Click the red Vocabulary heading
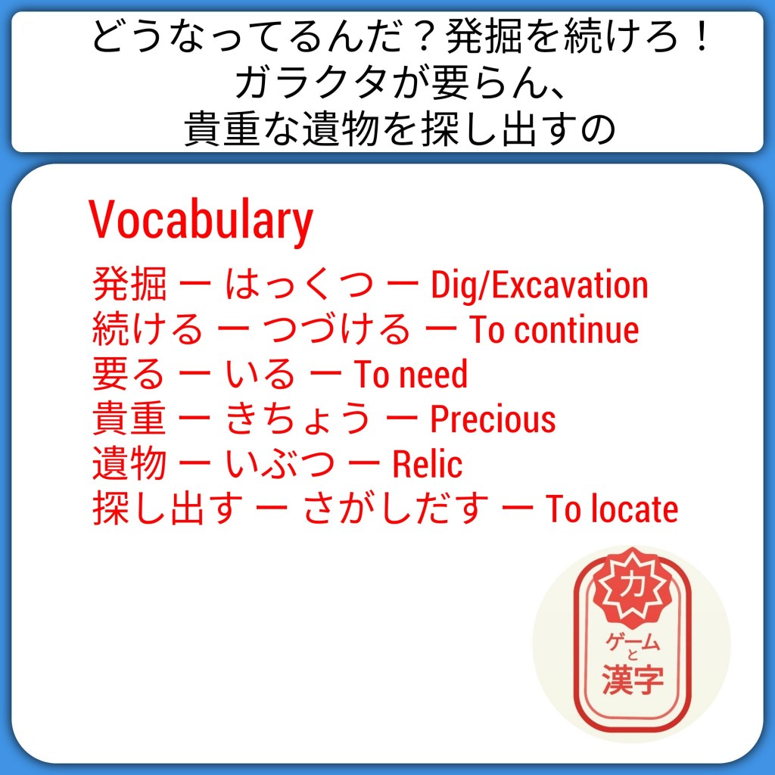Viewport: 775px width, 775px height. (201, 220)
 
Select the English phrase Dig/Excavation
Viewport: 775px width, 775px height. (539, 285)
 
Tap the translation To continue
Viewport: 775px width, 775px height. (553, 330)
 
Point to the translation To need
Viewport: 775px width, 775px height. (410, 374)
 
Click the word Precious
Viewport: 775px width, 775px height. (493, 419)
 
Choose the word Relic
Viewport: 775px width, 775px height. (427, 464)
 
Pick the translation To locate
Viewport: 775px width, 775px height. (612, 509)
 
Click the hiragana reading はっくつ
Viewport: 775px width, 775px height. (298, 285)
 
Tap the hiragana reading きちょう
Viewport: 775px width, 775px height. (298, 419)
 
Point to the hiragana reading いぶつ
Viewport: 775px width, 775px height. (279, 464)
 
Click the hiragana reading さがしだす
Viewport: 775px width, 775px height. (395, 509)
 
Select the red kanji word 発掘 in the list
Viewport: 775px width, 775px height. (129, 285)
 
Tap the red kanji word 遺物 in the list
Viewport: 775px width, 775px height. (129, 464)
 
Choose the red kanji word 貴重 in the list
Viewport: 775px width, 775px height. (129, 419)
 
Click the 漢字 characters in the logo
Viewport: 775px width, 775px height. (633, 679)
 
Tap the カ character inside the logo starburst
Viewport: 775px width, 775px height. (632, 585)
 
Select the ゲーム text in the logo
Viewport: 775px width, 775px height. (633, 641)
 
